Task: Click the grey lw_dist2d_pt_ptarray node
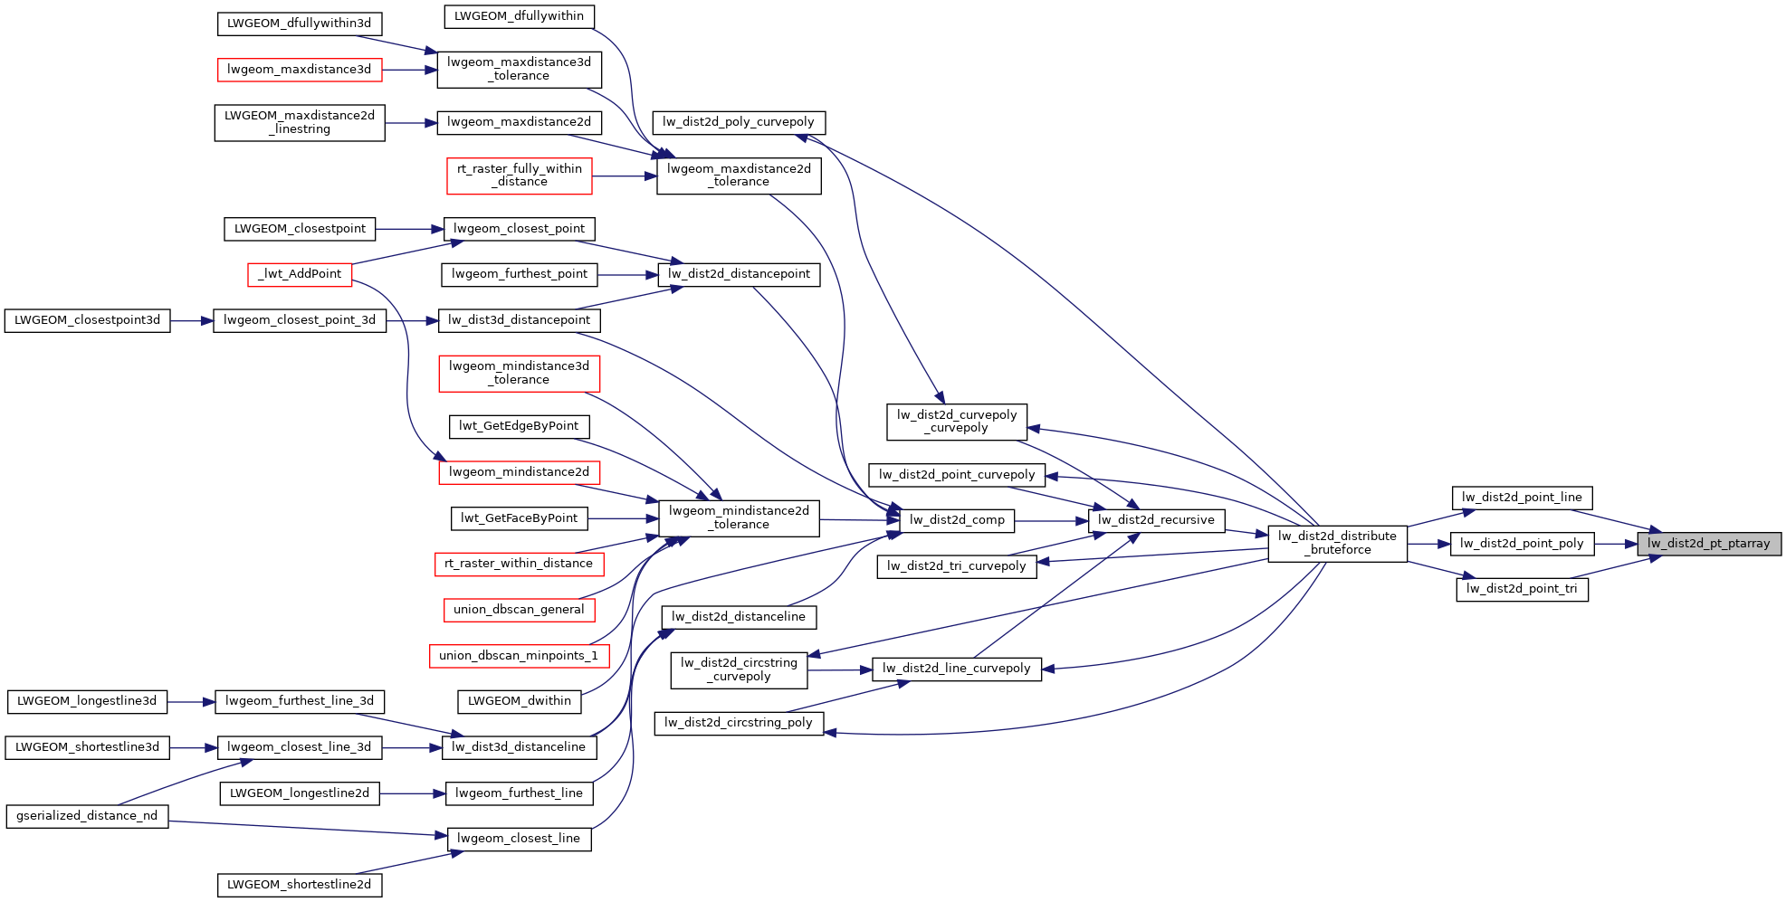tap(1708, 544)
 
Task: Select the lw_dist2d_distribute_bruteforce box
tap(1337, 543)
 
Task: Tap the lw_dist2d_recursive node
tap(1156, 520)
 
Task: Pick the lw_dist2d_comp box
tap(957, 520)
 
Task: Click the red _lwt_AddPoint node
tap(300, 274)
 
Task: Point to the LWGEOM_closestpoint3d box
tap(87, 320)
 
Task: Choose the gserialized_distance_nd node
tap(87, 816)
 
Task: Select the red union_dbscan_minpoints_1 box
tap(519, 656)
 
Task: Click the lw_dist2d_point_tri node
tap(1522, 589)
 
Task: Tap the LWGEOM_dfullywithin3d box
tap(300, 24)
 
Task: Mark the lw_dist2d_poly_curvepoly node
tap(739, 122)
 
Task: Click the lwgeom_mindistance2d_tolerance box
tap(739, 517)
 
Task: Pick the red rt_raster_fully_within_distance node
tap(520, 176)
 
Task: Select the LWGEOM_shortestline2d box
tap(300, 885)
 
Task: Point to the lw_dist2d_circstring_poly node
tap(739, 723)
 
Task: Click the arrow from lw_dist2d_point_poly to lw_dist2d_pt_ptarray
tap(1615, 544)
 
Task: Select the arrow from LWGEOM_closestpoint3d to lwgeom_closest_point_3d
tap(191, 320)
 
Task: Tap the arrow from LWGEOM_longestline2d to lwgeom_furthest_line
tap(412, 793)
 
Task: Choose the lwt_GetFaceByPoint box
tap(519, 518)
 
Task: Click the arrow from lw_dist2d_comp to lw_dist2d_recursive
tap(1051, 520)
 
